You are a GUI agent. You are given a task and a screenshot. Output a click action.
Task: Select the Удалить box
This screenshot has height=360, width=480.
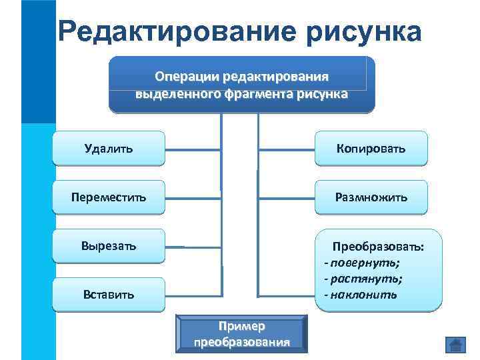108,147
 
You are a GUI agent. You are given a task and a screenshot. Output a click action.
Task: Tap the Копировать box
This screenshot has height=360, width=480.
370,147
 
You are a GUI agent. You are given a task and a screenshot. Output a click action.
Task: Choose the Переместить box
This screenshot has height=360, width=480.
108,197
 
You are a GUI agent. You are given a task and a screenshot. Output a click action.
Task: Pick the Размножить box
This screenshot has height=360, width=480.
370,197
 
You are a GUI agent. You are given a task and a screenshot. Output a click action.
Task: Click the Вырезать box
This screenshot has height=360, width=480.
108,245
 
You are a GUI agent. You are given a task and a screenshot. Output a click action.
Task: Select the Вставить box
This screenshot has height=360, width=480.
108,294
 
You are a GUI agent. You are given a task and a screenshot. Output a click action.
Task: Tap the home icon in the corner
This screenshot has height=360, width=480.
455,345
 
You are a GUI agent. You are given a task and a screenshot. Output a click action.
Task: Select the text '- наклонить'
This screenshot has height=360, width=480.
360,294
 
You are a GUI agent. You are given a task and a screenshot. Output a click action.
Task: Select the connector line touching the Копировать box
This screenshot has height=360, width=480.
286,149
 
